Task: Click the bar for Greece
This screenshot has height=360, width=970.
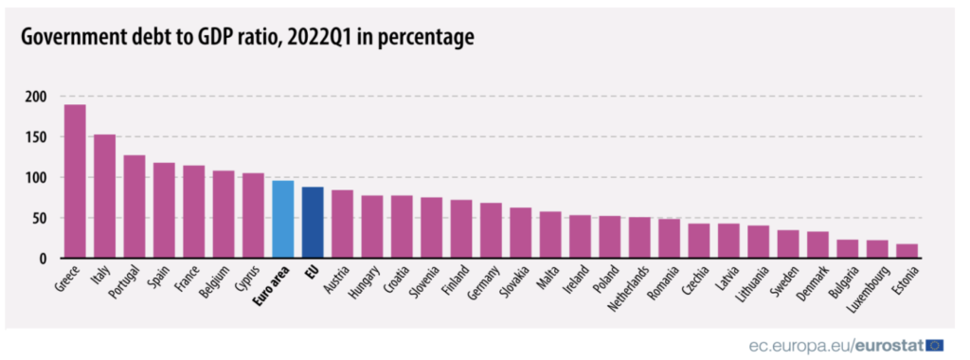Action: tap(75, 181)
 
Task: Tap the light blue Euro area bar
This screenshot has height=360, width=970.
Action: tap(282, 219)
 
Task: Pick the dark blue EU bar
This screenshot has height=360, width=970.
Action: tap(313, 223)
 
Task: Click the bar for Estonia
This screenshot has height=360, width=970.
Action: tap(907, 251)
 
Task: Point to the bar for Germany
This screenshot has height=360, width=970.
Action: tap(491, 230)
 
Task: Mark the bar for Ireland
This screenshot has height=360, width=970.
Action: tap(580, 237)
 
